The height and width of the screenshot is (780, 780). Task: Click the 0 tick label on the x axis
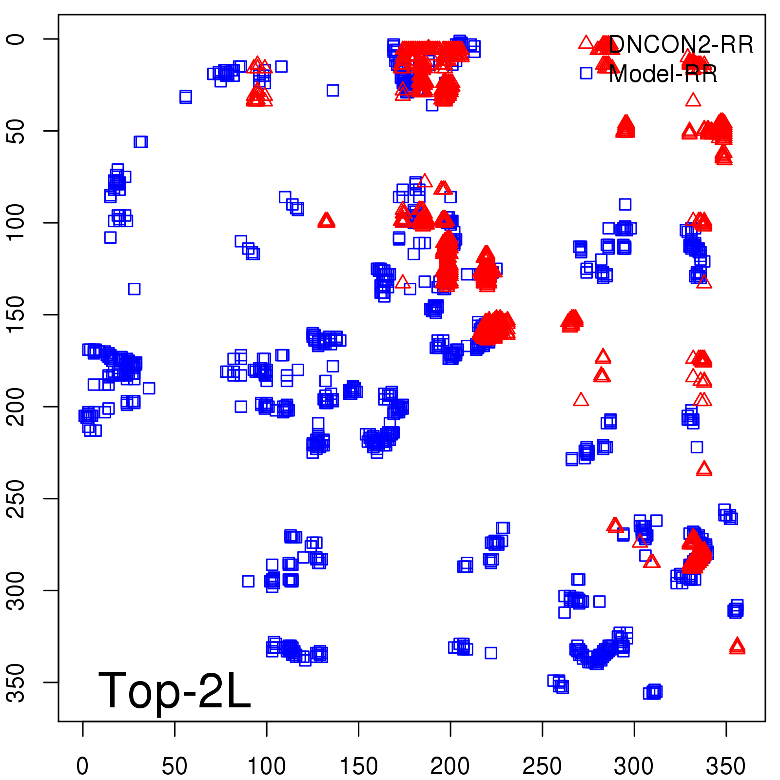click(82, 766)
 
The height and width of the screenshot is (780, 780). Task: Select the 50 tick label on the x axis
click(174, 766)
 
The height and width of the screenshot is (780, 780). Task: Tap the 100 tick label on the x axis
click(266, 766)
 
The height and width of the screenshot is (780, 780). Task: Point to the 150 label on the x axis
click(358, 766)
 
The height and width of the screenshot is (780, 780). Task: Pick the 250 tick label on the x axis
click(542, 766)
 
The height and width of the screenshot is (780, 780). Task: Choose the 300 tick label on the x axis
click(634, 766)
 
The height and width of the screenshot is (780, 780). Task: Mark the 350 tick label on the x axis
click(726, 766)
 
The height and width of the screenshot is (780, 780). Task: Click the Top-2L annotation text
click(174, 690)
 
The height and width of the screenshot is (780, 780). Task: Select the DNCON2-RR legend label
click(681, 45)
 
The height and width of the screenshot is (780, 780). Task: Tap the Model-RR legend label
click(663, 74)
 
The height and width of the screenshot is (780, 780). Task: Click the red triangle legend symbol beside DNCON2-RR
click(586, 42)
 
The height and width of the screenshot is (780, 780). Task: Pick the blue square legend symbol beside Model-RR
click(586, 73)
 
